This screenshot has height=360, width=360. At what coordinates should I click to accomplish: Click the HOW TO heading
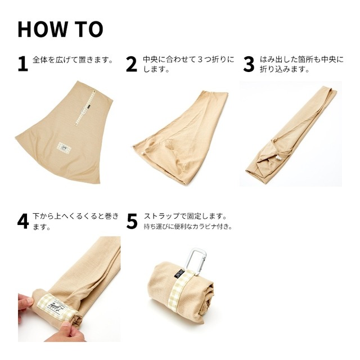tap(60, 29)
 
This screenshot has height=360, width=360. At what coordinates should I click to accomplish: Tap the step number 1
tap(22, 64)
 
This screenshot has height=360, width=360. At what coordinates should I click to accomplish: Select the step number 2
tap(132, 64)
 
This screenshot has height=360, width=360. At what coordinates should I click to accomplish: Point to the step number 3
tap(249, 64)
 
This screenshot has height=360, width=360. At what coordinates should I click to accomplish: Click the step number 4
tap(22, 221)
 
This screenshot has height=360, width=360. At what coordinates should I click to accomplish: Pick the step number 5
tap(132, 221)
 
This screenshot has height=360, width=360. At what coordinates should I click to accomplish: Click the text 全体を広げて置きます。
tap(73, 59)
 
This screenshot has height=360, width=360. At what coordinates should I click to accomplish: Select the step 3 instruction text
tap(301, 64)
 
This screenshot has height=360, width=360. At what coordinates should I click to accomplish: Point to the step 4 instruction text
tap(76, 222)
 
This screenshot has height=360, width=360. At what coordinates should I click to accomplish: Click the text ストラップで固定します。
tap(185, 216)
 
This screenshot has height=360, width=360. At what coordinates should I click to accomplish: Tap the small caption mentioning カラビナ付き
tap(188, 227)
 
